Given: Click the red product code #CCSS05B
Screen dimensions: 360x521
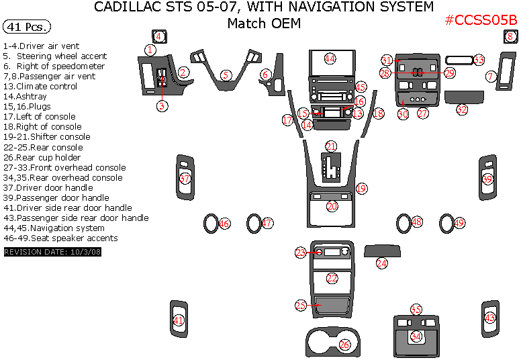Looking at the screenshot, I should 481,20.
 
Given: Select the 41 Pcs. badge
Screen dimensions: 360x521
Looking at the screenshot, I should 27,28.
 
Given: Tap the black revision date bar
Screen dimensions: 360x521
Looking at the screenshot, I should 52,252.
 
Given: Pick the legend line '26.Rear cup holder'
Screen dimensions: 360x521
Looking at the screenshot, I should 42,158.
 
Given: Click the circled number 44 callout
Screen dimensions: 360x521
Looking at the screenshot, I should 330,58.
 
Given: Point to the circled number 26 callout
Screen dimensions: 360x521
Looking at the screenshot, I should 344,345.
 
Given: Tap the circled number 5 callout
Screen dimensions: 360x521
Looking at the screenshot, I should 226,75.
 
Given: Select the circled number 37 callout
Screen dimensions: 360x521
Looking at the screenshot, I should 185,179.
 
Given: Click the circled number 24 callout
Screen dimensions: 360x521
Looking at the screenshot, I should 381,264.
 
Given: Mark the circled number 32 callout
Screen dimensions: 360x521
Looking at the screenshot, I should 462,109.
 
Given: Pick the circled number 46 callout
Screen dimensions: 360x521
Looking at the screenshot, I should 224,223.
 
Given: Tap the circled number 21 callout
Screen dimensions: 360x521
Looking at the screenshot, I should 331,146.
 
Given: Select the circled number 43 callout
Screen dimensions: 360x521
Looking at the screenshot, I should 490,317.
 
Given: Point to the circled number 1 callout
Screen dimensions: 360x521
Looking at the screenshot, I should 150,50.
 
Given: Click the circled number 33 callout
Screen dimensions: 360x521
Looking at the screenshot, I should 479,60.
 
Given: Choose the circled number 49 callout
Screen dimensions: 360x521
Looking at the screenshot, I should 459,222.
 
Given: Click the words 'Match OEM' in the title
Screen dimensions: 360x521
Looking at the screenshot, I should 264,24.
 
